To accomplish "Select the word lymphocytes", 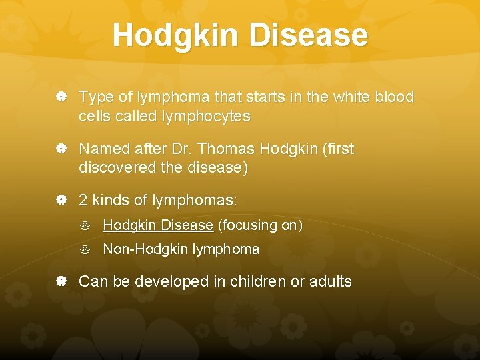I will point(206,117).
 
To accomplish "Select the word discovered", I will point(116,168).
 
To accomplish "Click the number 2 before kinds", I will point(83,200).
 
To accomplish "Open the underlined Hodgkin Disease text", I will point(158,225).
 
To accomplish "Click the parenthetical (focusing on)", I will point(261,225).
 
